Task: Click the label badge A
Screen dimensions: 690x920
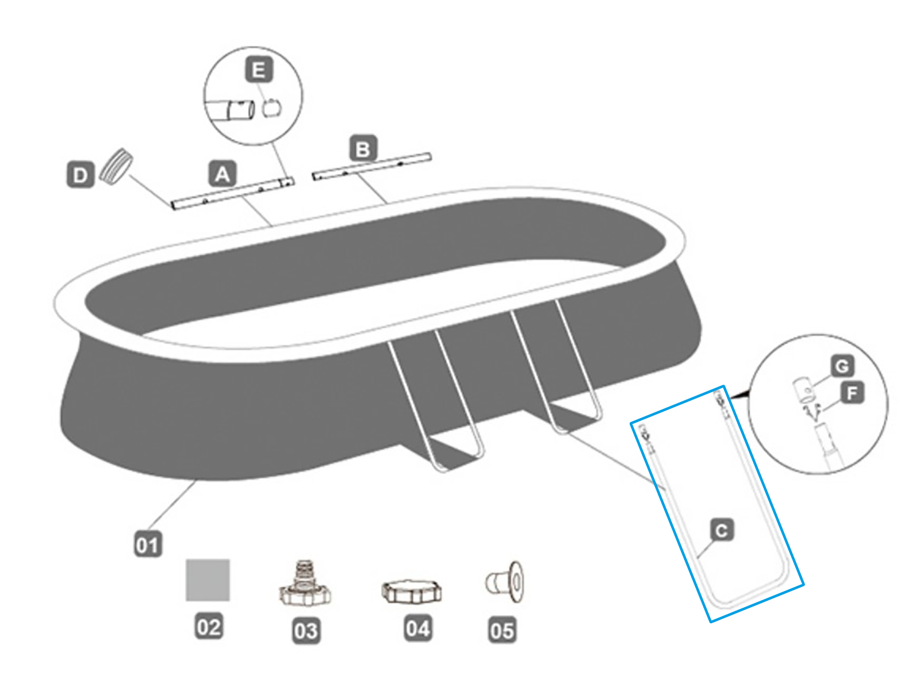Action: (223, 174)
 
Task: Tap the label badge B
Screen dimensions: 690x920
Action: (363, 149)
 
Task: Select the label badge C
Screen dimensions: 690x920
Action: (722, 530)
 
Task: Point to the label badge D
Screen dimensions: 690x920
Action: (80, 175)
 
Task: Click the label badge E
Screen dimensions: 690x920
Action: (259, 70)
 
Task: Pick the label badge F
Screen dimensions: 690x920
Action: (852, 393)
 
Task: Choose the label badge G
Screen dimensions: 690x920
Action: (842, 366)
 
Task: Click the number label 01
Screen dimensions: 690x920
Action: (148, 545)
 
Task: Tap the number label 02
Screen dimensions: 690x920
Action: (208, 626)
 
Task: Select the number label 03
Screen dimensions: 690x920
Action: (305, 631)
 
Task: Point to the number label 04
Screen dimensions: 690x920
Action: (417, 628)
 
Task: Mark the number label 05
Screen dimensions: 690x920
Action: (502, 630)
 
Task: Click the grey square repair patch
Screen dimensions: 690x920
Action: (208, 580)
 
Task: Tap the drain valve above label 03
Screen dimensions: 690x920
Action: (305, 585)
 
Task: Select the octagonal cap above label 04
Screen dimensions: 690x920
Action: (412, 591)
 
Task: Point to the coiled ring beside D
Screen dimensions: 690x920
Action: (116, 166)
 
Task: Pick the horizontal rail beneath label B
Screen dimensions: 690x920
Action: (371, 166)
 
